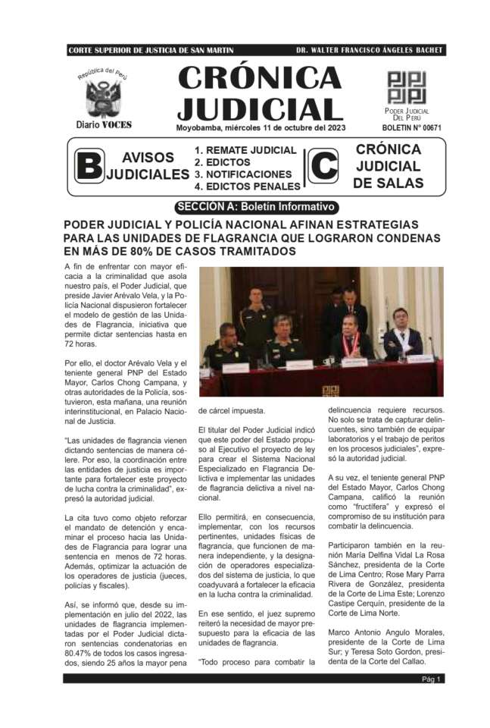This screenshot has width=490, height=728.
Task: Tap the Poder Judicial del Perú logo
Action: pos(407,87)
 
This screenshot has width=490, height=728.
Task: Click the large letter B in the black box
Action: pos(89,167)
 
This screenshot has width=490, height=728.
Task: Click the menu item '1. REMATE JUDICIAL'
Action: pos(245,151)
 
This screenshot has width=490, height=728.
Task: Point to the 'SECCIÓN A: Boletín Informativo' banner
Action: pos(255,206)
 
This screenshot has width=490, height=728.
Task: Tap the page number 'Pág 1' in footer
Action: pos(432,679)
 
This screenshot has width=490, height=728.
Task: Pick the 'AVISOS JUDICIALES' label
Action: pos(148,166)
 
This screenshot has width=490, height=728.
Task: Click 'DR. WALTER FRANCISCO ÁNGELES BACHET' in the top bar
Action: pos(369,50)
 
